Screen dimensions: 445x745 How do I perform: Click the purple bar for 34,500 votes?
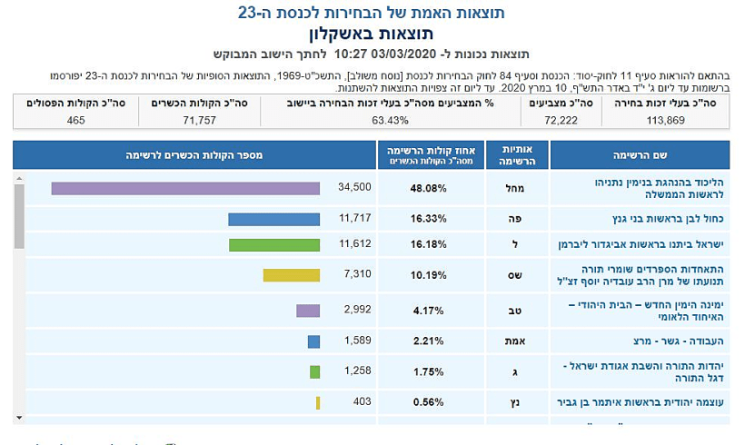tap(185, 188)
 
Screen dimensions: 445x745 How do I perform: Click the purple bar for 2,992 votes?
tap(308, 311)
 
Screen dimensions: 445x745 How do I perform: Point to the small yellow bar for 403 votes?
tap(318, 402)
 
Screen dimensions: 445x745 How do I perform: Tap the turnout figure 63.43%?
tap(384, 120)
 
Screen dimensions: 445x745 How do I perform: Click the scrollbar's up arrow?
tap(19, 179)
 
